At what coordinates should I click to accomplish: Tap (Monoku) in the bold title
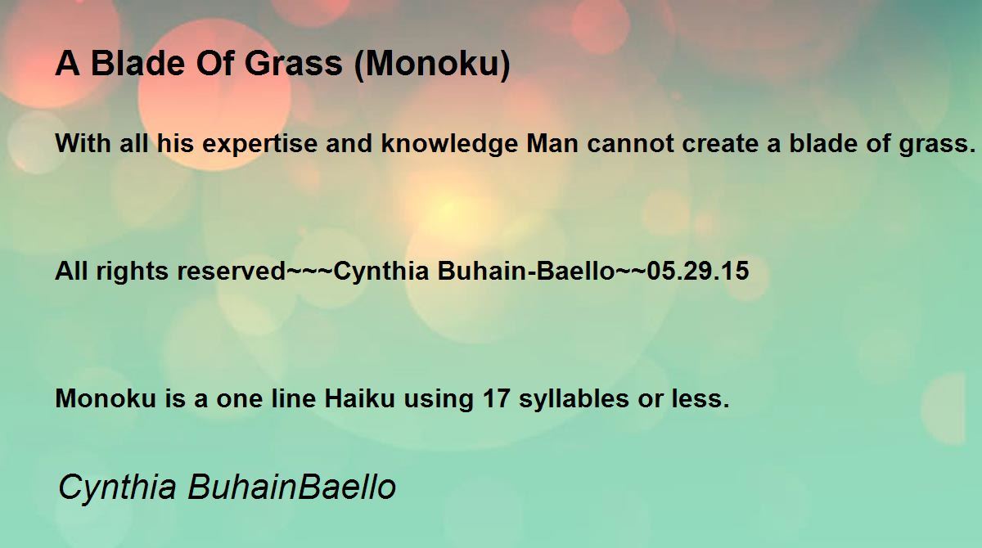(x=432, y=65)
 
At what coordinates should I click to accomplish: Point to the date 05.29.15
(x=697, y=272)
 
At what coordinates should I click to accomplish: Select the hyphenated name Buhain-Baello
(x=525, y=272)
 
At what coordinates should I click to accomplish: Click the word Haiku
(x=354, y=399)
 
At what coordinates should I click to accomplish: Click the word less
(x=702, y=399)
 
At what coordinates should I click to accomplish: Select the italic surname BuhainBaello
(x=291, y=487)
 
